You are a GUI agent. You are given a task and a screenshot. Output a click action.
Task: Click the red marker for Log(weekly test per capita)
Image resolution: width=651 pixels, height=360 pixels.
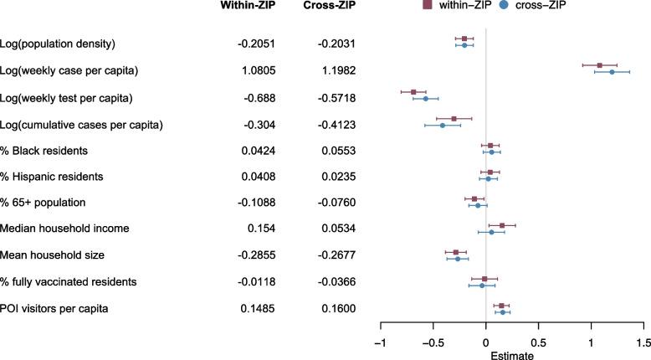click(x=413, y=91)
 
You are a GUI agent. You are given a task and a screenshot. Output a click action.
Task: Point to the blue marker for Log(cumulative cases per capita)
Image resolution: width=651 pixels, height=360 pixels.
click(x=443, y=126)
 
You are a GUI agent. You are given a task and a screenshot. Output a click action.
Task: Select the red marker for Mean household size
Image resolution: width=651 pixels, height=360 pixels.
click(x=456, y=252)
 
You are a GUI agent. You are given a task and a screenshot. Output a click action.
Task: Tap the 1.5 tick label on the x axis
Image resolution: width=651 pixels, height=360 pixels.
click(x=643, y=342)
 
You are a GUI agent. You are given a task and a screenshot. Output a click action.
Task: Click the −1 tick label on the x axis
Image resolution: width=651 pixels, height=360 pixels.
click(x=380, y=342)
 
